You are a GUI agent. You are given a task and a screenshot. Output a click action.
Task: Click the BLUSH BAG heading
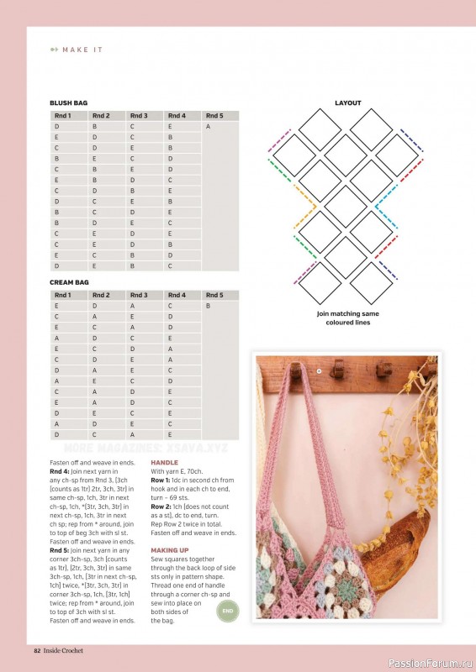click(68, 102)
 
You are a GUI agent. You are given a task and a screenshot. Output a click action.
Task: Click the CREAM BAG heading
click(69, 282)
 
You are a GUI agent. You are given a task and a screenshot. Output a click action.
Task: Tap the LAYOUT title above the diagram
click(347, 103)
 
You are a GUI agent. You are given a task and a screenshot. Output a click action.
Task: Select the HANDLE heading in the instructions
click(164, 463)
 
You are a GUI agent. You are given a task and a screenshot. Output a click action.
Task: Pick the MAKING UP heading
click(169, 549)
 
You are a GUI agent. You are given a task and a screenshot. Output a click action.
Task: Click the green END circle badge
click(228, 611)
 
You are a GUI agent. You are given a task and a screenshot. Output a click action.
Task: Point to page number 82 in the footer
click(37, 651)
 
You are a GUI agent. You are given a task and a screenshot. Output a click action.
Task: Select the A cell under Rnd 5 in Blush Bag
click(208, 126)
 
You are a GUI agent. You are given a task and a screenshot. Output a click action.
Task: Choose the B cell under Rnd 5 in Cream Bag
click(208, 307)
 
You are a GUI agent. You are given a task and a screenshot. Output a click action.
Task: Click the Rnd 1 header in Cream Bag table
click(63, 296)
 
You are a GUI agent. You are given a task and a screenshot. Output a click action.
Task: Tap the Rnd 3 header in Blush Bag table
click(139, 116)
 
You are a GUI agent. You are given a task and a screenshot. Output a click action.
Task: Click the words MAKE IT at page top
click(82, 50)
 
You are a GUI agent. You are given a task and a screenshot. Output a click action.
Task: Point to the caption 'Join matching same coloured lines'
click(347, 318)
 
